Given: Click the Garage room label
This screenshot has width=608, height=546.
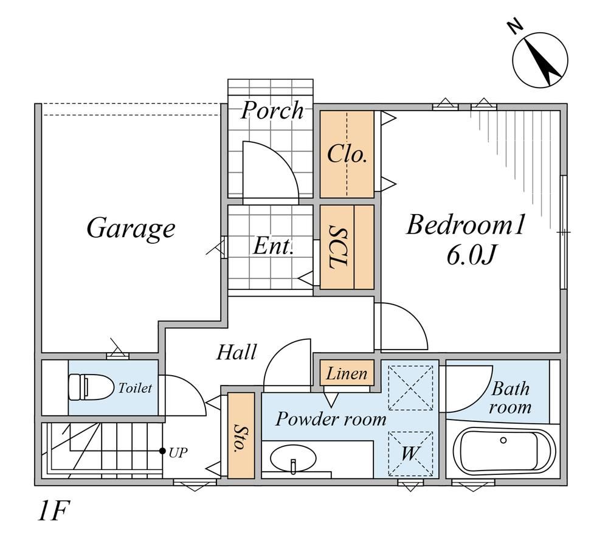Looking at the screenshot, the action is click(x=131, y=229).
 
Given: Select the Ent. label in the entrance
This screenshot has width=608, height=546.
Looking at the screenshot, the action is click(x=273, y=246).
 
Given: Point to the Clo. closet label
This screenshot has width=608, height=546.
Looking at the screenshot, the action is click(x=347, y=154).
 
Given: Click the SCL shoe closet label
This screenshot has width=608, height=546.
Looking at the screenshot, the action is click(x=337, y=247).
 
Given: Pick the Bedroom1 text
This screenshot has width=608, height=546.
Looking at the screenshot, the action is click(x=465, y=225).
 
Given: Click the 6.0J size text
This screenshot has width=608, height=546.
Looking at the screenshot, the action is click(x=471, y=255).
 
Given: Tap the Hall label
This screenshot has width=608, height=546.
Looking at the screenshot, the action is click(x=236, y=352).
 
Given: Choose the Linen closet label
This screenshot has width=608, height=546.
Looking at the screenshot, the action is click(x=347, y=374).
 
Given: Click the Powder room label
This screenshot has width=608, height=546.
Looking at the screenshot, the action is click(x=331, y=419).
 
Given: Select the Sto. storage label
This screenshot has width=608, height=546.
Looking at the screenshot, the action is click(x=240, y=438).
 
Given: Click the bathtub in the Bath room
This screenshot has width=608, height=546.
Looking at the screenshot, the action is click(x=504, y=452).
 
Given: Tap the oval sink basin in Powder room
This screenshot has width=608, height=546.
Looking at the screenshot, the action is click(x=293, y=458).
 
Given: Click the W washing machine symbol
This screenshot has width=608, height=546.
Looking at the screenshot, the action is click(x=410, y=453).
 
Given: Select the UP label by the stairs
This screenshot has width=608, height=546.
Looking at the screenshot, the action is click(x=178, y=452).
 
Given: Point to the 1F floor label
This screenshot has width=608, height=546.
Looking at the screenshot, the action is click(x=53, y=511).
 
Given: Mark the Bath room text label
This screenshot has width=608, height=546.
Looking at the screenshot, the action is click(x=510, y=398).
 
